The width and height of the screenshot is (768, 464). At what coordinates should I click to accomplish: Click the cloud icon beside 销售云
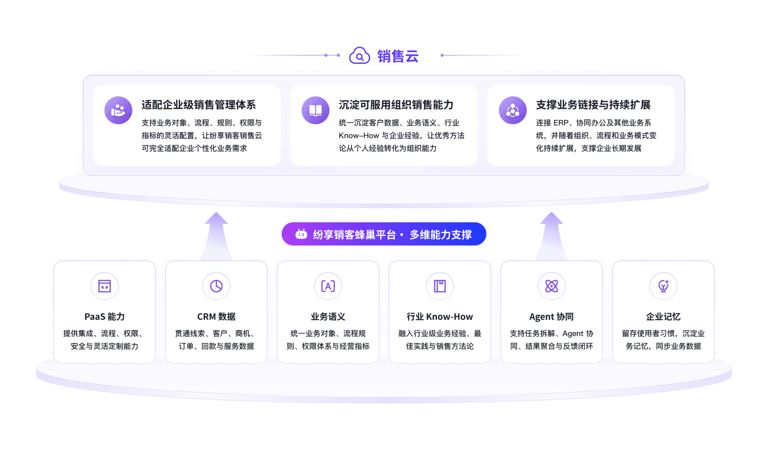click(359, 56)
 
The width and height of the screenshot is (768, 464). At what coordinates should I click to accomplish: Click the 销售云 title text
click(398, 56)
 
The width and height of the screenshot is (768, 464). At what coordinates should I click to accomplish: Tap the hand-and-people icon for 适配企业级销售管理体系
click(118, 110)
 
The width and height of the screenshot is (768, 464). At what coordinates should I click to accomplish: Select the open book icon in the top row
click(315, 110)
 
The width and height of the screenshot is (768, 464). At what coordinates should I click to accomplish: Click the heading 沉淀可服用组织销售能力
click(396, 105)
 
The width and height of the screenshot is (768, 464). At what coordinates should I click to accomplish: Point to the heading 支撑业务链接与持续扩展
click(593, 105)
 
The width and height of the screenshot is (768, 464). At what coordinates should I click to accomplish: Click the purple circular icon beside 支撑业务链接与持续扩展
click(512, 110)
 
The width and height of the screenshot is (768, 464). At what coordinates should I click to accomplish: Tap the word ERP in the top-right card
click(561, 123)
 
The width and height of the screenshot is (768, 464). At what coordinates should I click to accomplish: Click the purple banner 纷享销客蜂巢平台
click(384, 234)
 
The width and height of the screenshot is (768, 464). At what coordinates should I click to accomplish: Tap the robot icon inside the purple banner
click(301, 234)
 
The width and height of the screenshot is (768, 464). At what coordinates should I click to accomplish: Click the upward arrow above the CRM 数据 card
click(216, 236)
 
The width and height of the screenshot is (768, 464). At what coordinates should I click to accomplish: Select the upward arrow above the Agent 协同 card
click(551, 236)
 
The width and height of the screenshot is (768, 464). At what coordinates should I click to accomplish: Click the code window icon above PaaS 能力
click(104, 286)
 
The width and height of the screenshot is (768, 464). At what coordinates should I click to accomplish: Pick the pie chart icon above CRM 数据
click(216, 286)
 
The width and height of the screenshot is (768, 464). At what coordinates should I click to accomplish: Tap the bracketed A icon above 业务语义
click(328, 286)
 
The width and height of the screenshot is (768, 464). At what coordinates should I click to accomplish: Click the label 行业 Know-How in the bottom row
click(439, 317)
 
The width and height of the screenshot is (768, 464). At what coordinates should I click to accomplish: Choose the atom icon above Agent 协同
click(551, 286)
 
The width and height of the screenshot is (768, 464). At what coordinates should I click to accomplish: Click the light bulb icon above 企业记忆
click(663, 286)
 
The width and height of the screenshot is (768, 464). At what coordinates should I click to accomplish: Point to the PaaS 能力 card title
click(104, 317)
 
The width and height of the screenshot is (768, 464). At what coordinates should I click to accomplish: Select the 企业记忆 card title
click(663, 317)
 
